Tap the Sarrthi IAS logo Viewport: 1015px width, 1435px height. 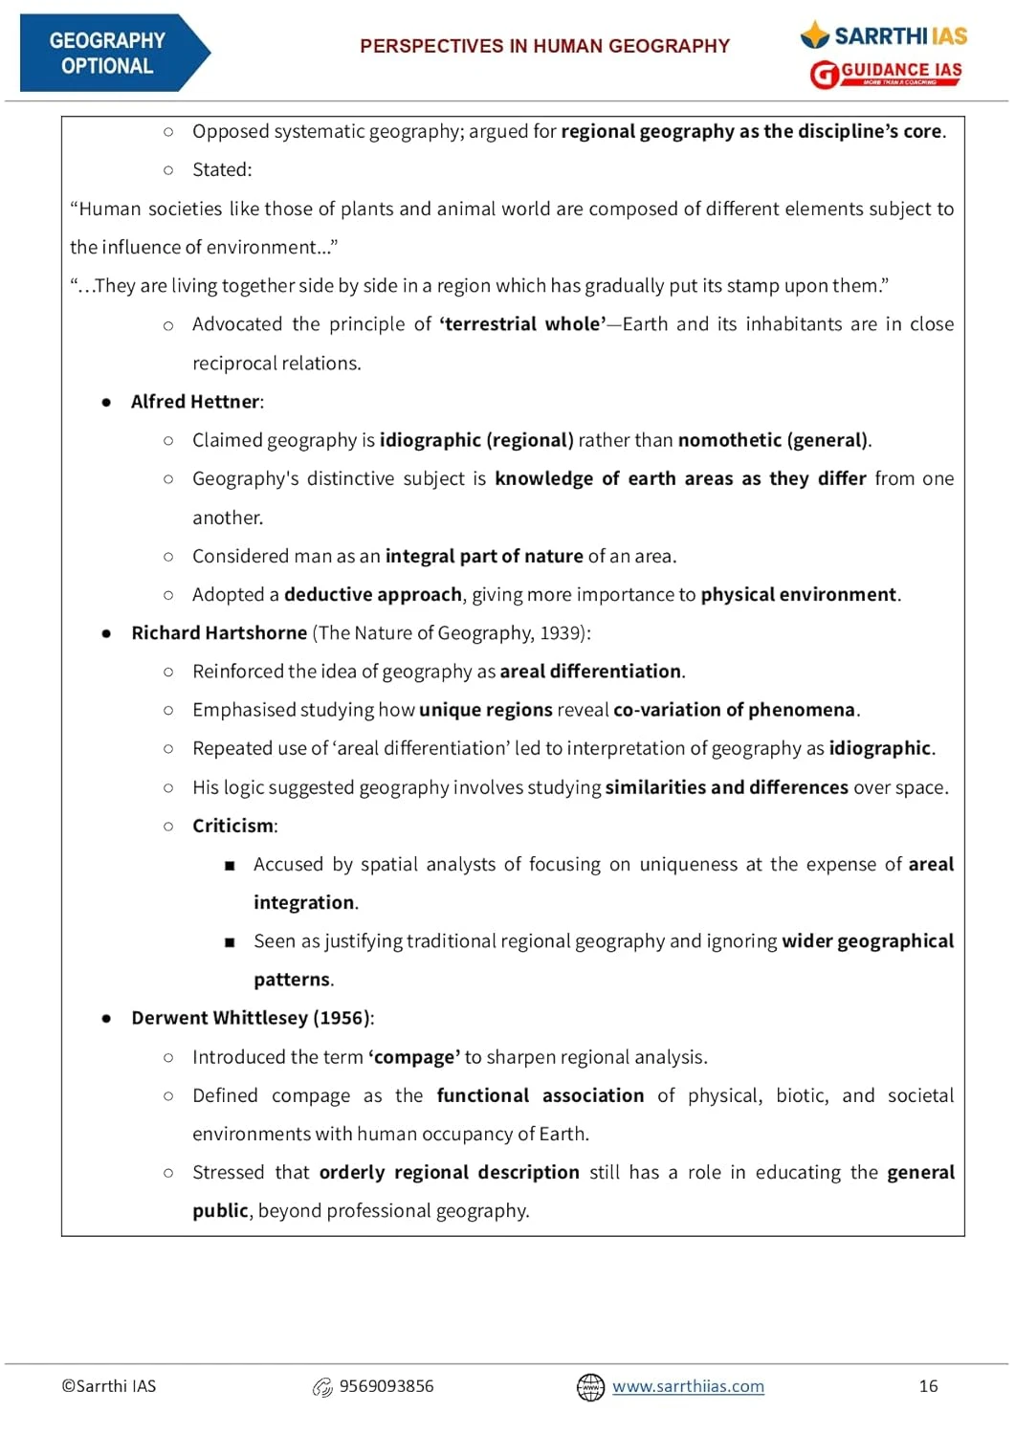884,36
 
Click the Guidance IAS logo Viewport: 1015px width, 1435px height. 886,73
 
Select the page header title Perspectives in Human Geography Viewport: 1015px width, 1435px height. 544,46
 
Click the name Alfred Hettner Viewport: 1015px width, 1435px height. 195,402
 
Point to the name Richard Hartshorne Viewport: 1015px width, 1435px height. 219,633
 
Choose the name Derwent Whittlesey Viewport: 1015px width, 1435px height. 219,1018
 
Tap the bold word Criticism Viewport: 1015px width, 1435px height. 233,826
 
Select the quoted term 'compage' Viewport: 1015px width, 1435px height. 414,1057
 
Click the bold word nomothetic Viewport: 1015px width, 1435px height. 730,440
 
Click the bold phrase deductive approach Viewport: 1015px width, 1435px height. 373,594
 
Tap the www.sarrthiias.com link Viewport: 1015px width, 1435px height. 688,1386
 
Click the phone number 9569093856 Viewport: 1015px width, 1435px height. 386,1386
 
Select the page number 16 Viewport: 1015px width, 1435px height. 928,1386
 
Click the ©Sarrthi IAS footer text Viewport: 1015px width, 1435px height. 109,1386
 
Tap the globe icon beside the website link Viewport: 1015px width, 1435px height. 590,1387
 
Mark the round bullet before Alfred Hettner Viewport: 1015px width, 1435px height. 106,403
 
